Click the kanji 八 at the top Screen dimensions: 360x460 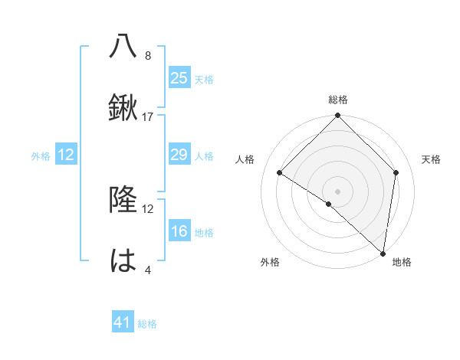tap(123, 46)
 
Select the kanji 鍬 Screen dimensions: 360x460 tap(123, 108)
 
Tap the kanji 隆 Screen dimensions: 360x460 tap(123, 201)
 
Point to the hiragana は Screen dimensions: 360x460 tap(123, 262)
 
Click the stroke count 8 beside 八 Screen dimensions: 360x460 tap(148, 56)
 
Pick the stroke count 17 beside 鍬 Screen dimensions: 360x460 tap(148, 117)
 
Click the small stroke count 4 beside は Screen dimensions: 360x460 tap(148, 271)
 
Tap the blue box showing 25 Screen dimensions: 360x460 tap(179, 77)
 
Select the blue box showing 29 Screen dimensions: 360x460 tap(179, 155)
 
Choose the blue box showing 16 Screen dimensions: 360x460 tap(179, 231)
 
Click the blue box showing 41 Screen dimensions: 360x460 tap(123, 322)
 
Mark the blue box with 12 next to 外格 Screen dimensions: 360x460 tap(66, 155)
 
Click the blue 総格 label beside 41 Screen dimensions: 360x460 tap(147, 324)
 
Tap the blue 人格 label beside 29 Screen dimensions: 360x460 tap(204, 156)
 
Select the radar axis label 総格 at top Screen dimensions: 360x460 tap(338, 100)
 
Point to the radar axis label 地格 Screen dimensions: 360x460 tap(402, 263)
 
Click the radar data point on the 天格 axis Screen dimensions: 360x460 tap(396, 172)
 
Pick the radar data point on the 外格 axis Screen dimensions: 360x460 tap(329, 204)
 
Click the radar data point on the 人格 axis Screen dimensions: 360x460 tap(280, 172)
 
